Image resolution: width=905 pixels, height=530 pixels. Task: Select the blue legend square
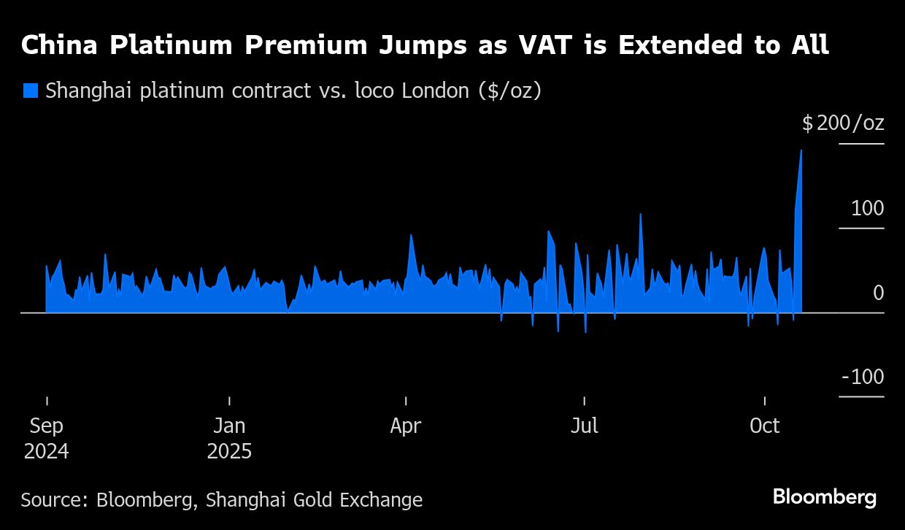coord(30,91)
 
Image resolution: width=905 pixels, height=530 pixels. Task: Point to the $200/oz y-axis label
coord(843,123)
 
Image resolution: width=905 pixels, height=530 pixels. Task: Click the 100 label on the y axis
coord(867,208)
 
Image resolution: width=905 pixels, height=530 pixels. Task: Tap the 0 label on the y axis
coord(878,293)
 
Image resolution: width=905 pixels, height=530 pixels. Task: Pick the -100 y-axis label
coord(863,377)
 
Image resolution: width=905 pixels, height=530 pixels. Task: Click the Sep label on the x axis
coord(47,426)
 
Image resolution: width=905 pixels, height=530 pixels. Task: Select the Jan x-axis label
coord(229,426)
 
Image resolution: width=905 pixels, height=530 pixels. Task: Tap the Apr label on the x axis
coord(405,426)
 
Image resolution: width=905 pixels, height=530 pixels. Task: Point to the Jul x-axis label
coord(584,426)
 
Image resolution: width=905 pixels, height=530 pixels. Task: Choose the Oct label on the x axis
coord(765,426)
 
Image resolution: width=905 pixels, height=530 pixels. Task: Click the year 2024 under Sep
coord(47,451)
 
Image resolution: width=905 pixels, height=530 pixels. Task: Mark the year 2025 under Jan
coord(229,451)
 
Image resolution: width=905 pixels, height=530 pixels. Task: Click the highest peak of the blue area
coord(801,151)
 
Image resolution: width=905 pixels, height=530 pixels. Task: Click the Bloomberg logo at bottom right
coord(825,497)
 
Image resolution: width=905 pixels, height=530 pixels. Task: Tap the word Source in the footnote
coord(53,500)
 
